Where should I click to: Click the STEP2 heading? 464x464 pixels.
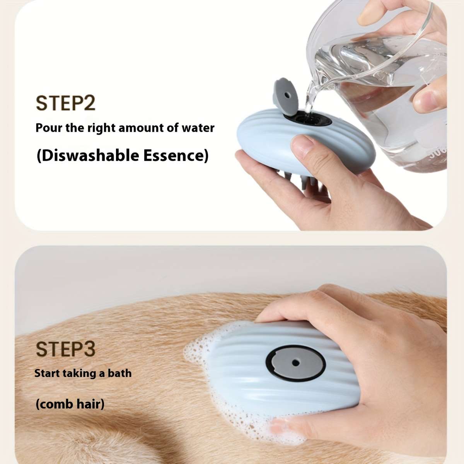(x=65, y=103)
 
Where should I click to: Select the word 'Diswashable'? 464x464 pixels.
(x=88, y=155)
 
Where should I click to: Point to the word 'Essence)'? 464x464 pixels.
(x=176, y=155)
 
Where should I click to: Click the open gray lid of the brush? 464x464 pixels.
(x=285, y=96)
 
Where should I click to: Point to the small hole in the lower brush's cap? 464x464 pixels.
(x=295, y=363)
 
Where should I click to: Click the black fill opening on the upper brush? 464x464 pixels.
(x=308, y=119)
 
